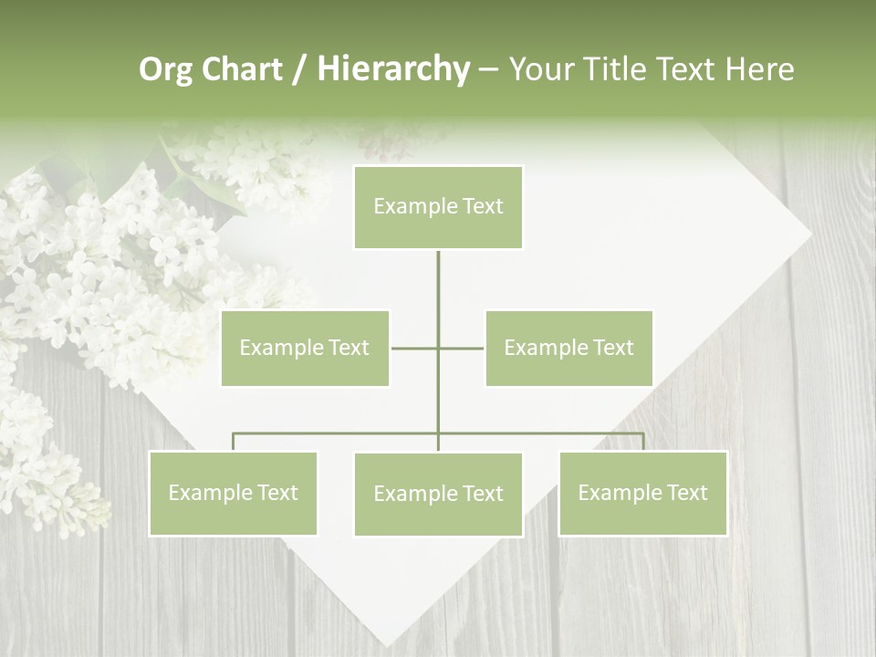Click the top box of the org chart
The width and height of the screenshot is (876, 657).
tap(438, 207)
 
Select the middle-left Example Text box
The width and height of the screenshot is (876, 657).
tap(305, 348)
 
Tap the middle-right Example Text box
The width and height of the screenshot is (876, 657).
tap(568, 348)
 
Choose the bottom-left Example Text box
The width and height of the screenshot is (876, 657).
tap(233, 493)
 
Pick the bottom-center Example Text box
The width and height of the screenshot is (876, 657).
tap(438, 494)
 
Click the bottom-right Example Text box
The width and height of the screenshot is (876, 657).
tap(642, 493)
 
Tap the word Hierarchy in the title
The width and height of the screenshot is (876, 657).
tap(393, 69)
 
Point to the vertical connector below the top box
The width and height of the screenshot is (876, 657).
tap(438, 292)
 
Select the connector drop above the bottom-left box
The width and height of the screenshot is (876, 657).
tap(234, 442)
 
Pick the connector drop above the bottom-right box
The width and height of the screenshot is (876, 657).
tap(643, 442)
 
